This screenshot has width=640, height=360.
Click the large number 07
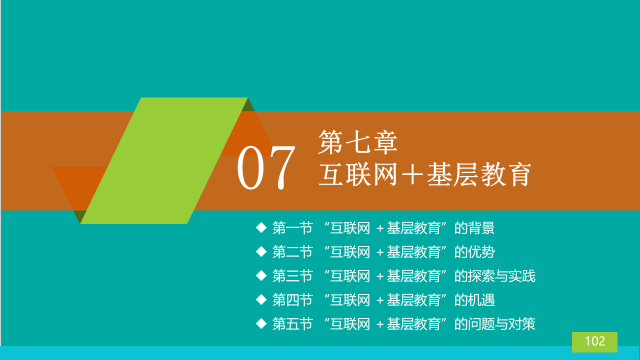tap(266, 167)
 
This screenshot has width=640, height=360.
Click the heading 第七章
tap(357, 142)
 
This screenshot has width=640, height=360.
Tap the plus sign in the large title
tap(412, 174)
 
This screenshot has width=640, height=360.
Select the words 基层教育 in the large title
tap(479, 174)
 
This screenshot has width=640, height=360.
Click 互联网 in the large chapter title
tap(358, 174)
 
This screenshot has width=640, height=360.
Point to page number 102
tap(595, 341)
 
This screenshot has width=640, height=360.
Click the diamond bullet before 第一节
tap(261, 228)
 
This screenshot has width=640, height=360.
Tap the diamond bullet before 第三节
tap(261, 275)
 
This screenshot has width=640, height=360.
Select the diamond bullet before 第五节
tap(261, 323)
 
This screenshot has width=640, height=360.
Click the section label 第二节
tap(292, 252)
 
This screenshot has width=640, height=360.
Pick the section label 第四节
tap(292, 300)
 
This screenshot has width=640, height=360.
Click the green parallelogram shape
tap(164, 160)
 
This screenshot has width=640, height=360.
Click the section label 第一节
tap(292, 228)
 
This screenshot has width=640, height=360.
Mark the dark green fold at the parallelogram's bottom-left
tap(79, 215)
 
